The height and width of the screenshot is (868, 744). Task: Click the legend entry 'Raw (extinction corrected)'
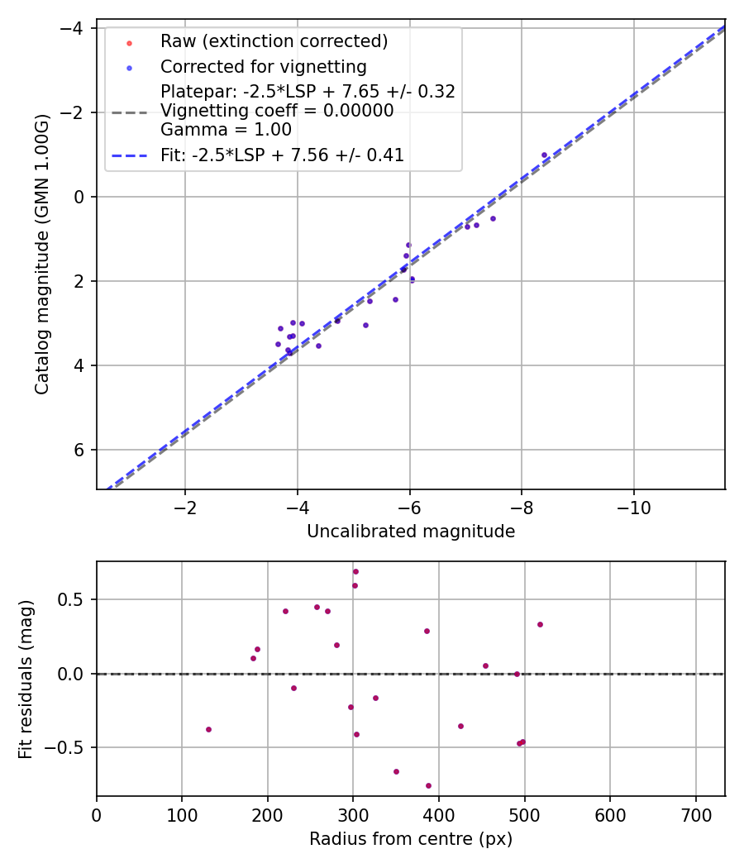pyautogui.click(x=274, y=41)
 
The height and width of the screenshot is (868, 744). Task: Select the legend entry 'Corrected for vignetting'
pyautogui.click(x=263, y=66)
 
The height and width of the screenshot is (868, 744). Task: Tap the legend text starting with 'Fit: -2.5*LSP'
pyautogui.click(x=282, y=155)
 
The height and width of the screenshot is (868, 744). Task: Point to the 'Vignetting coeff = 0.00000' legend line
pyautogui.click(x=277, y=111)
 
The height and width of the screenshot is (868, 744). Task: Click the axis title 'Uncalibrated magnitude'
pyautogui.click(x=411, y=532)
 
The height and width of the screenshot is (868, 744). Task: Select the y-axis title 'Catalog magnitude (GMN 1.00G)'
pyautogui.click(x=43, y=254)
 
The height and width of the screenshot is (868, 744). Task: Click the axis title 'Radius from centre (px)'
pyautogui.click(x=411, y=839)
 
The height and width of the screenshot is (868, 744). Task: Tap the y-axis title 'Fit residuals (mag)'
pyautogui.click(x=26, y=679)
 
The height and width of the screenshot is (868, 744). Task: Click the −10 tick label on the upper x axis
pyautogui.click(x=634, y=507)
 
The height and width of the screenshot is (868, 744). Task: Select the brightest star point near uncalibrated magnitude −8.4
pyautogui.click(x=544, y=155)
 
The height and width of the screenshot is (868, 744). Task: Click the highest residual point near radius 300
pyautogui.click(x=355, y=571)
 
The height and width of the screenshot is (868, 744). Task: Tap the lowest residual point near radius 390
pyautogui.click(x=428, y=785)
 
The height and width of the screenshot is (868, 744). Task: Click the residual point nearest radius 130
pyautogui.click(x=208, y=729)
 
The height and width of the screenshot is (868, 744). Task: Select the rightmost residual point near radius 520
pyautogui.click(x=540, y=624)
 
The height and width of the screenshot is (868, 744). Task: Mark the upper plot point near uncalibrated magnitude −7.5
pyautogui.click(x=493, y=218)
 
